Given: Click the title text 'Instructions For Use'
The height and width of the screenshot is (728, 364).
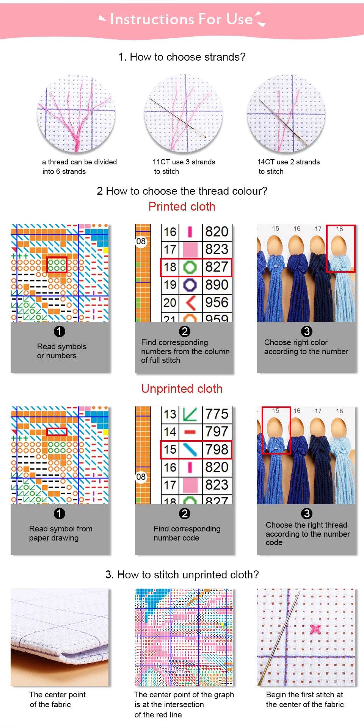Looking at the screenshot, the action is pos(181,19).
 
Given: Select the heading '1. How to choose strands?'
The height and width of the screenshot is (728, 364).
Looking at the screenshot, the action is pos(182,57).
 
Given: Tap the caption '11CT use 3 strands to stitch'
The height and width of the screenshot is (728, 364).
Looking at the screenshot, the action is pos(184,167).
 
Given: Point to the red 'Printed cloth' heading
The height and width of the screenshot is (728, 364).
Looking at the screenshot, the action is pos(182,206).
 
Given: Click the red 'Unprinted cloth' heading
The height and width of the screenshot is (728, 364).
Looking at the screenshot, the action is pos(182,389).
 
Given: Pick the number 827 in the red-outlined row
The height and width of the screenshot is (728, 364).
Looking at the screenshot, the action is pos(217,267).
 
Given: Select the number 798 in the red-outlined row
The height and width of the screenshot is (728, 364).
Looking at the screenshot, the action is pos(217,449).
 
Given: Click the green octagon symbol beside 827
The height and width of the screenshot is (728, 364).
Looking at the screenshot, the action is pos(190,267).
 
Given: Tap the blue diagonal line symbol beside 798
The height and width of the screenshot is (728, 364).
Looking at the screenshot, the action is pos(190,450).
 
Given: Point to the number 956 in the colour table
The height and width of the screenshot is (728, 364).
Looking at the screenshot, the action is pos(217,302).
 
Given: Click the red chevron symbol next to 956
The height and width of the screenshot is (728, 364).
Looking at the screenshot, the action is pos(190,303).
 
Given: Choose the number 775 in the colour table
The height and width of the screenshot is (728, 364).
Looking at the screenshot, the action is pos(217,414).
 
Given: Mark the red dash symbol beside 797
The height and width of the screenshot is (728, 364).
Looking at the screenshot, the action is pos(190,432).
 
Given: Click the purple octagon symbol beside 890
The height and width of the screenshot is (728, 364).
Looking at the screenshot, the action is pos(190,285).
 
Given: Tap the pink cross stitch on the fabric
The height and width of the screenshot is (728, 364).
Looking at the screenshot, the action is pos(315,629).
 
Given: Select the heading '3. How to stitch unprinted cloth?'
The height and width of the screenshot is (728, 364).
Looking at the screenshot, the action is pos(182,575).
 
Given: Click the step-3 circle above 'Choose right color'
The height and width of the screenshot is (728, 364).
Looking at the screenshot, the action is pos(306,331).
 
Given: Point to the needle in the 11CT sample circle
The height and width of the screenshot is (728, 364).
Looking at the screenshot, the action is pos(178,118).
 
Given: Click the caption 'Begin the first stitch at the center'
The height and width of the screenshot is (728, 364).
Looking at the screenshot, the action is pos(305,700).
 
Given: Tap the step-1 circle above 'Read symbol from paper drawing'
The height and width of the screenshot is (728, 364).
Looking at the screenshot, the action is pos(59,514).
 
